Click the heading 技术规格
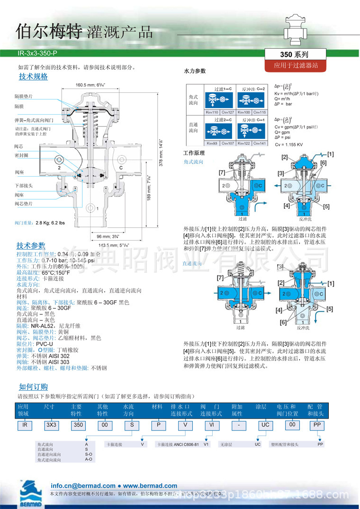coord(33,77)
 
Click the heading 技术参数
coord(31,245)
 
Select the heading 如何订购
coord(33,387)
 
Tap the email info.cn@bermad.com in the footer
coord(83,485)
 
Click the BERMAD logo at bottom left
coord(30,492)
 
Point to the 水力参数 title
coord(195,71)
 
